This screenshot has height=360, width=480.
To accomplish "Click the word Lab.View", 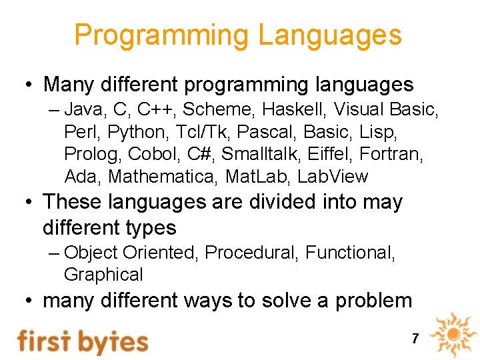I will tap(333, 177).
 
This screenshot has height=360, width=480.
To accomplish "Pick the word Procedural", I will tap(252, 253).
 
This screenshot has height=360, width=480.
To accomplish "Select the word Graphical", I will tap(103, 275).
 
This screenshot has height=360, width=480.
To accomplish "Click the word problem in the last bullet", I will tap(373, 301).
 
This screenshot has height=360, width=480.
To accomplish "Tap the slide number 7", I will tap(415, 339).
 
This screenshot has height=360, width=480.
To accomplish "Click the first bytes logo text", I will tap(83, 340).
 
